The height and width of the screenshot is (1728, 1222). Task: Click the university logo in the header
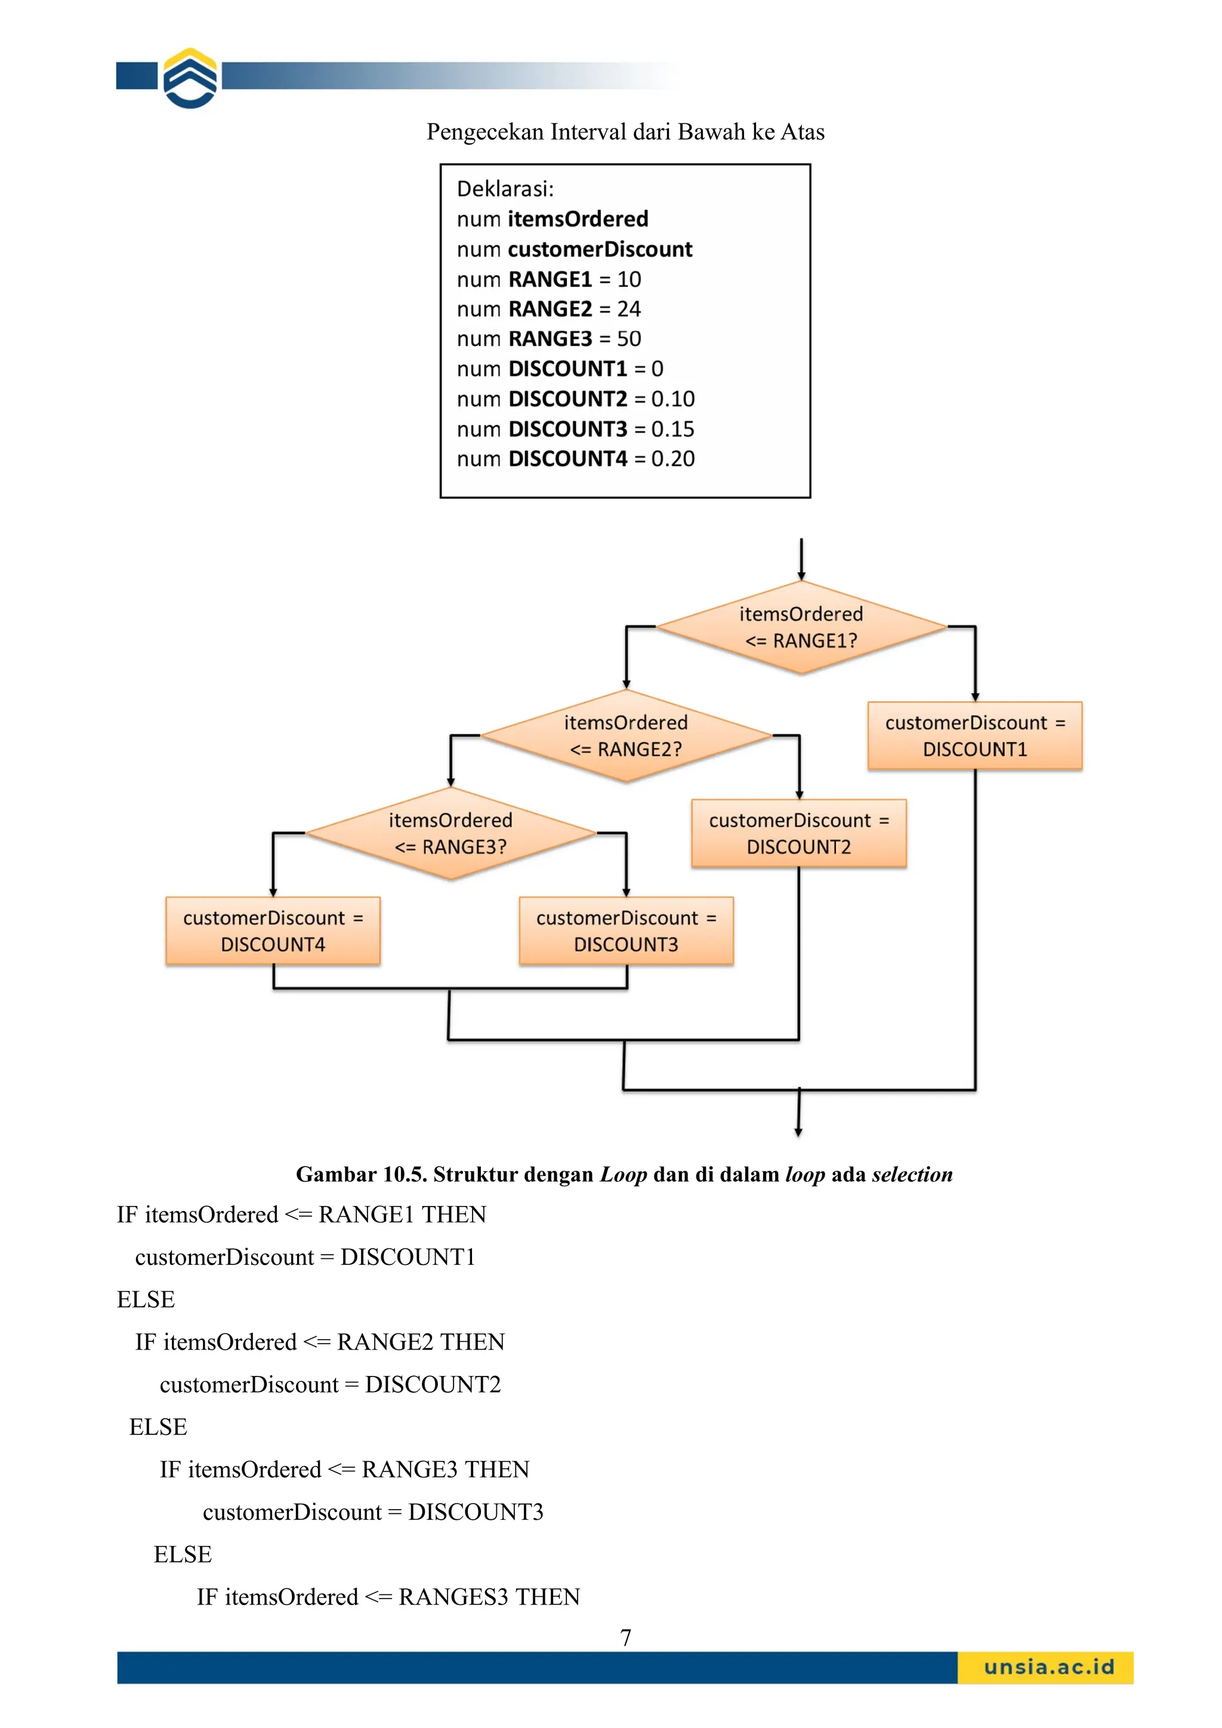coord(190,78)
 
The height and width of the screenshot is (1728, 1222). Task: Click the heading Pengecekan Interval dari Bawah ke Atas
coord(625,132)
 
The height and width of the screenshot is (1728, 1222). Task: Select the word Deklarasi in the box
coord(504,189)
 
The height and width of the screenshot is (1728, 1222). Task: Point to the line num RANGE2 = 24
coord(548,309)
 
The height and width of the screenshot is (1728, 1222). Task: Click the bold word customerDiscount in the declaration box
coord(600,249)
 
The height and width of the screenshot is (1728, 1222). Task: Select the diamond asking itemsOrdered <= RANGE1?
coord(801,627)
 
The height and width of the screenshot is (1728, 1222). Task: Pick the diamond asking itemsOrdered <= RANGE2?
coord(625,736)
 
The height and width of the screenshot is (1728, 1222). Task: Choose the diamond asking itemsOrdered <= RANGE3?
coord(450,833)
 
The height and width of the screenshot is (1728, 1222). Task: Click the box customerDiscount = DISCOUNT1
coord(974,736)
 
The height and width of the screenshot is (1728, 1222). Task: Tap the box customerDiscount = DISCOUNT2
coord(798,833)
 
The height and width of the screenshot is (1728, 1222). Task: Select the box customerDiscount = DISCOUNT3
coord(625,931)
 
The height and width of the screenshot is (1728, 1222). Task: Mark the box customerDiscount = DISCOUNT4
coord(273,931)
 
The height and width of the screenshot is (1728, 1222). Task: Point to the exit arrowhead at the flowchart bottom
coord(798,1131)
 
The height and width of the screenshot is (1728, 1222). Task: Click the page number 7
coord(625,1638)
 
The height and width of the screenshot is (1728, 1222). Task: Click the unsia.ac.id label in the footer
coord(1048,1667)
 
